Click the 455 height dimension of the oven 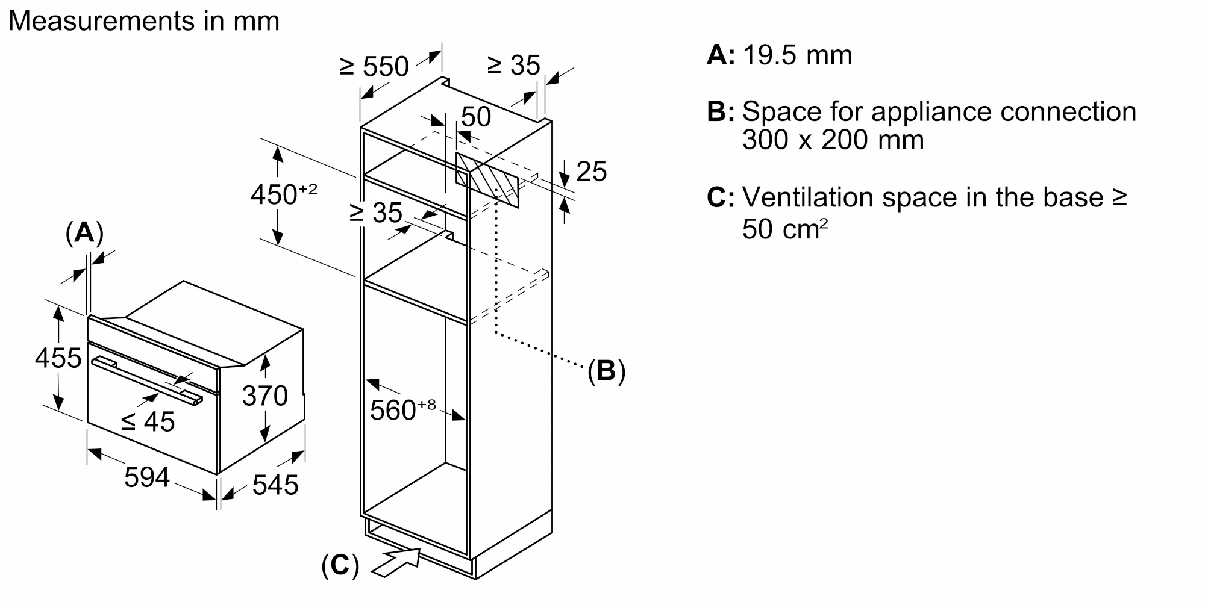[x=58, y=358]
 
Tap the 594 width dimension [x=146, y=478]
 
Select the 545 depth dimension [x=275, y=485]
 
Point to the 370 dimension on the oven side [x=264, y=396]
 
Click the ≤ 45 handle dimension [x=148, y=422]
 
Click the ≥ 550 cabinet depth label [x=374, y=66]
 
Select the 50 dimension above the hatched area [x=476, y=117]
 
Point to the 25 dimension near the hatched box [x=591, y=172]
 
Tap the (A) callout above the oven [x=84, y=233]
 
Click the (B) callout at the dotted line [x=606, y=371]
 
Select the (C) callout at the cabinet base [x=340, y=565]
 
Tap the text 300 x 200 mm [x=833, y=140]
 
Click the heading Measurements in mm [x=144, y=21]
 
